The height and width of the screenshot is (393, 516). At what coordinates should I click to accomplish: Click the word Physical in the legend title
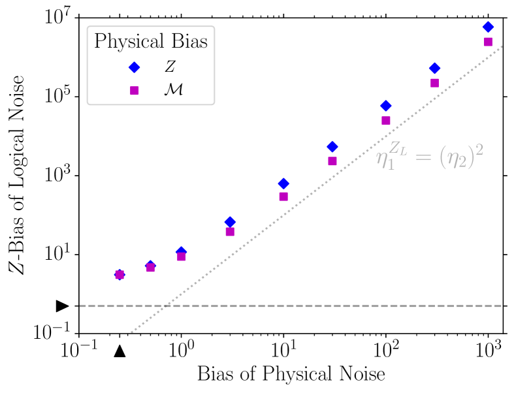coord(127,42)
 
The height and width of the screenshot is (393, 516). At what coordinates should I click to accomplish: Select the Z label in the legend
coord(170,67)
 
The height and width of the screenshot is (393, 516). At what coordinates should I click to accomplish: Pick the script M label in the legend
coord(172,90)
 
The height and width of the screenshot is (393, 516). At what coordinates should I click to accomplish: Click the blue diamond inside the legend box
coord(134,67)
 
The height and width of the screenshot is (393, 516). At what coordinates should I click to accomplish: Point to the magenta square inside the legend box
coord(134,90)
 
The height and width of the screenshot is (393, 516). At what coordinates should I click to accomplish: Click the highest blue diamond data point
coord(487,27)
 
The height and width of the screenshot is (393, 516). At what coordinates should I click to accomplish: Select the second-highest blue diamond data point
coord(434,68)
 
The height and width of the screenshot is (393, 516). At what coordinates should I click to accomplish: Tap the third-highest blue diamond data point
coord(385,106)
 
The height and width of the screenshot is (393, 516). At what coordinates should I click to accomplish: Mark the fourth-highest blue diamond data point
coord(332,147)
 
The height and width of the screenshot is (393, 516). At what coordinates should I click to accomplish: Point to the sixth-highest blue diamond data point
coord(230,222)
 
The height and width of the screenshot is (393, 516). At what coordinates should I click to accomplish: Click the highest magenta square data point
coord(487,42)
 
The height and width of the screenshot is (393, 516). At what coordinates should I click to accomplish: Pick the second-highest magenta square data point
coord(434,83)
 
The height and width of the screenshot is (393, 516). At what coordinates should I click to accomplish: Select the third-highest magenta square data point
coord(385,120)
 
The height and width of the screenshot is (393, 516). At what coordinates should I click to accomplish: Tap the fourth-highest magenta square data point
coord(332,161)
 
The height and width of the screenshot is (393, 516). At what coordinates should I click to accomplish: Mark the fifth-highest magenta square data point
coord(283,196)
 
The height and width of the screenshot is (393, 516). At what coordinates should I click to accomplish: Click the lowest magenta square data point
coord(120,275)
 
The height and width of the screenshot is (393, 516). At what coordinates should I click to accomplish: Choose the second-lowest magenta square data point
coord(150,268)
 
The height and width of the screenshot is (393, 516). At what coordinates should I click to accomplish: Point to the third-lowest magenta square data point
coord(182,257)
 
